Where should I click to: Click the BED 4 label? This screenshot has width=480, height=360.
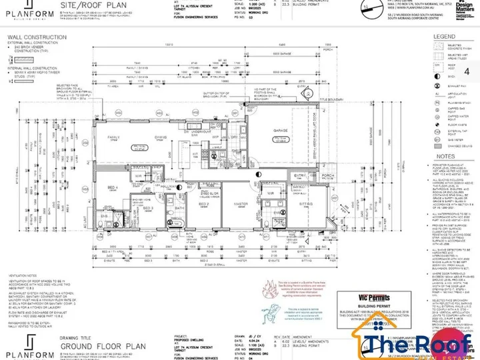113,189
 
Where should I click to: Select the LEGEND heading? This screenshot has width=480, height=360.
444,37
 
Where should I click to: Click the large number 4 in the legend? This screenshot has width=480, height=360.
466,71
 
